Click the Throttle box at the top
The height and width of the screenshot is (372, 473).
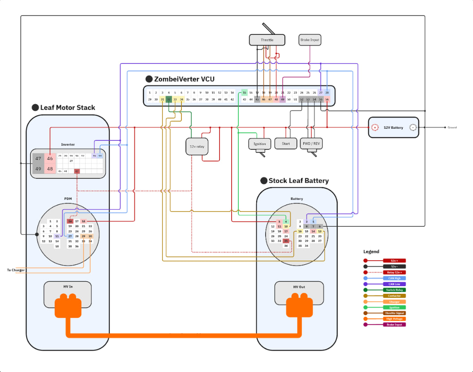tap(267, 40)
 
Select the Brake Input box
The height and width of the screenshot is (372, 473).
tap(310, 40)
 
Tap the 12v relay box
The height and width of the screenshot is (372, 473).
tap(197, 147)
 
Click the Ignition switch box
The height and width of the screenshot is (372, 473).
tap(260, 144)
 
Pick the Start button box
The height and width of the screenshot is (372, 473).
tap(286, 144)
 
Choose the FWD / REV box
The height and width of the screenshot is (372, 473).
tap(311, 144)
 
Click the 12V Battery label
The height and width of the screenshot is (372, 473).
tap(393, 128)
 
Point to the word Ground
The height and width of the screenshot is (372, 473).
tap(452, 127)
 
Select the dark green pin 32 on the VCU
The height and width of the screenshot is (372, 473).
tap(169, 99)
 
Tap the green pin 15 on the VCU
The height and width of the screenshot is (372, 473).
tap(244, 93)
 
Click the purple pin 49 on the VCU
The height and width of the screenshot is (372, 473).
tap(283, 99)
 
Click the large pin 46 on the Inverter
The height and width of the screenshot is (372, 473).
tap(50, 158)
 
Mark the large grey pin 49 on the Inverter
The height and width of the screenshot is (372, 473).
tap(38, 169)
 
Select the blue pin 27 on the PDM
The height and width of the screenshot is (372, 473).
tap(70, 236)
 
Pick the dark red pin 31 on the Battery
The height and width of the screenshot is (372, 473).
tap(285, 241)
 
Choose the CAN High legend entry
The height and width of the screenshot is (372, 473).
tap(394, 278)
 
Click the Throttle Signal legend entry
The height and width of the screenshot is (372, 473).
tap(394, 313)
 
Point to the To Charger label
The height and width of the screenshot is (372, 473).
tap(16, 270)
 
